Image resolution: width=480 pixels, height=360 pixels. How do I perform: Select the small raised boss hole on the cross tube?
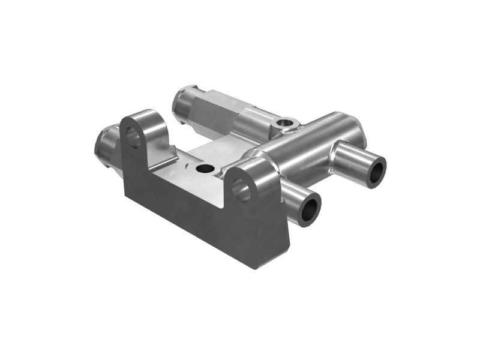286,124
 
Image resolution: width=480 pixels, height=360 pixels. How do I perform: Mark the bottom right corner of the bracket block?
257,268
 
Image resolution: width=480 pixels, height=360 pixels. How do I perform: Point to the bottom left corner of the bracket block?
124,196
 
